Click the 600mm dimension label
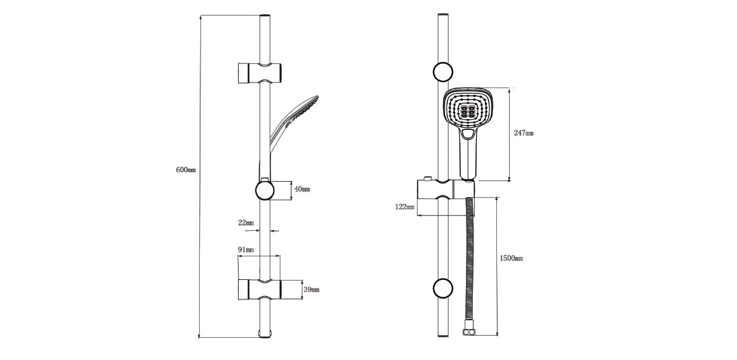click(186, 170)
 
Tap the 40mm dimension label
click(302, 189)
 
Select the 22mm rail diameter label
click(246, 223)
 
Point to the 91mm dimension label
click(246, 250)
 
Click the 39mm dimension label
click(311, 289)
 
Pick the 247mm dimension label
click(524, 133)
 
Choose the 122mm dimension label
click(405, 207)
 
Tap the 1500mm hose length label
click(511, 258)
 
